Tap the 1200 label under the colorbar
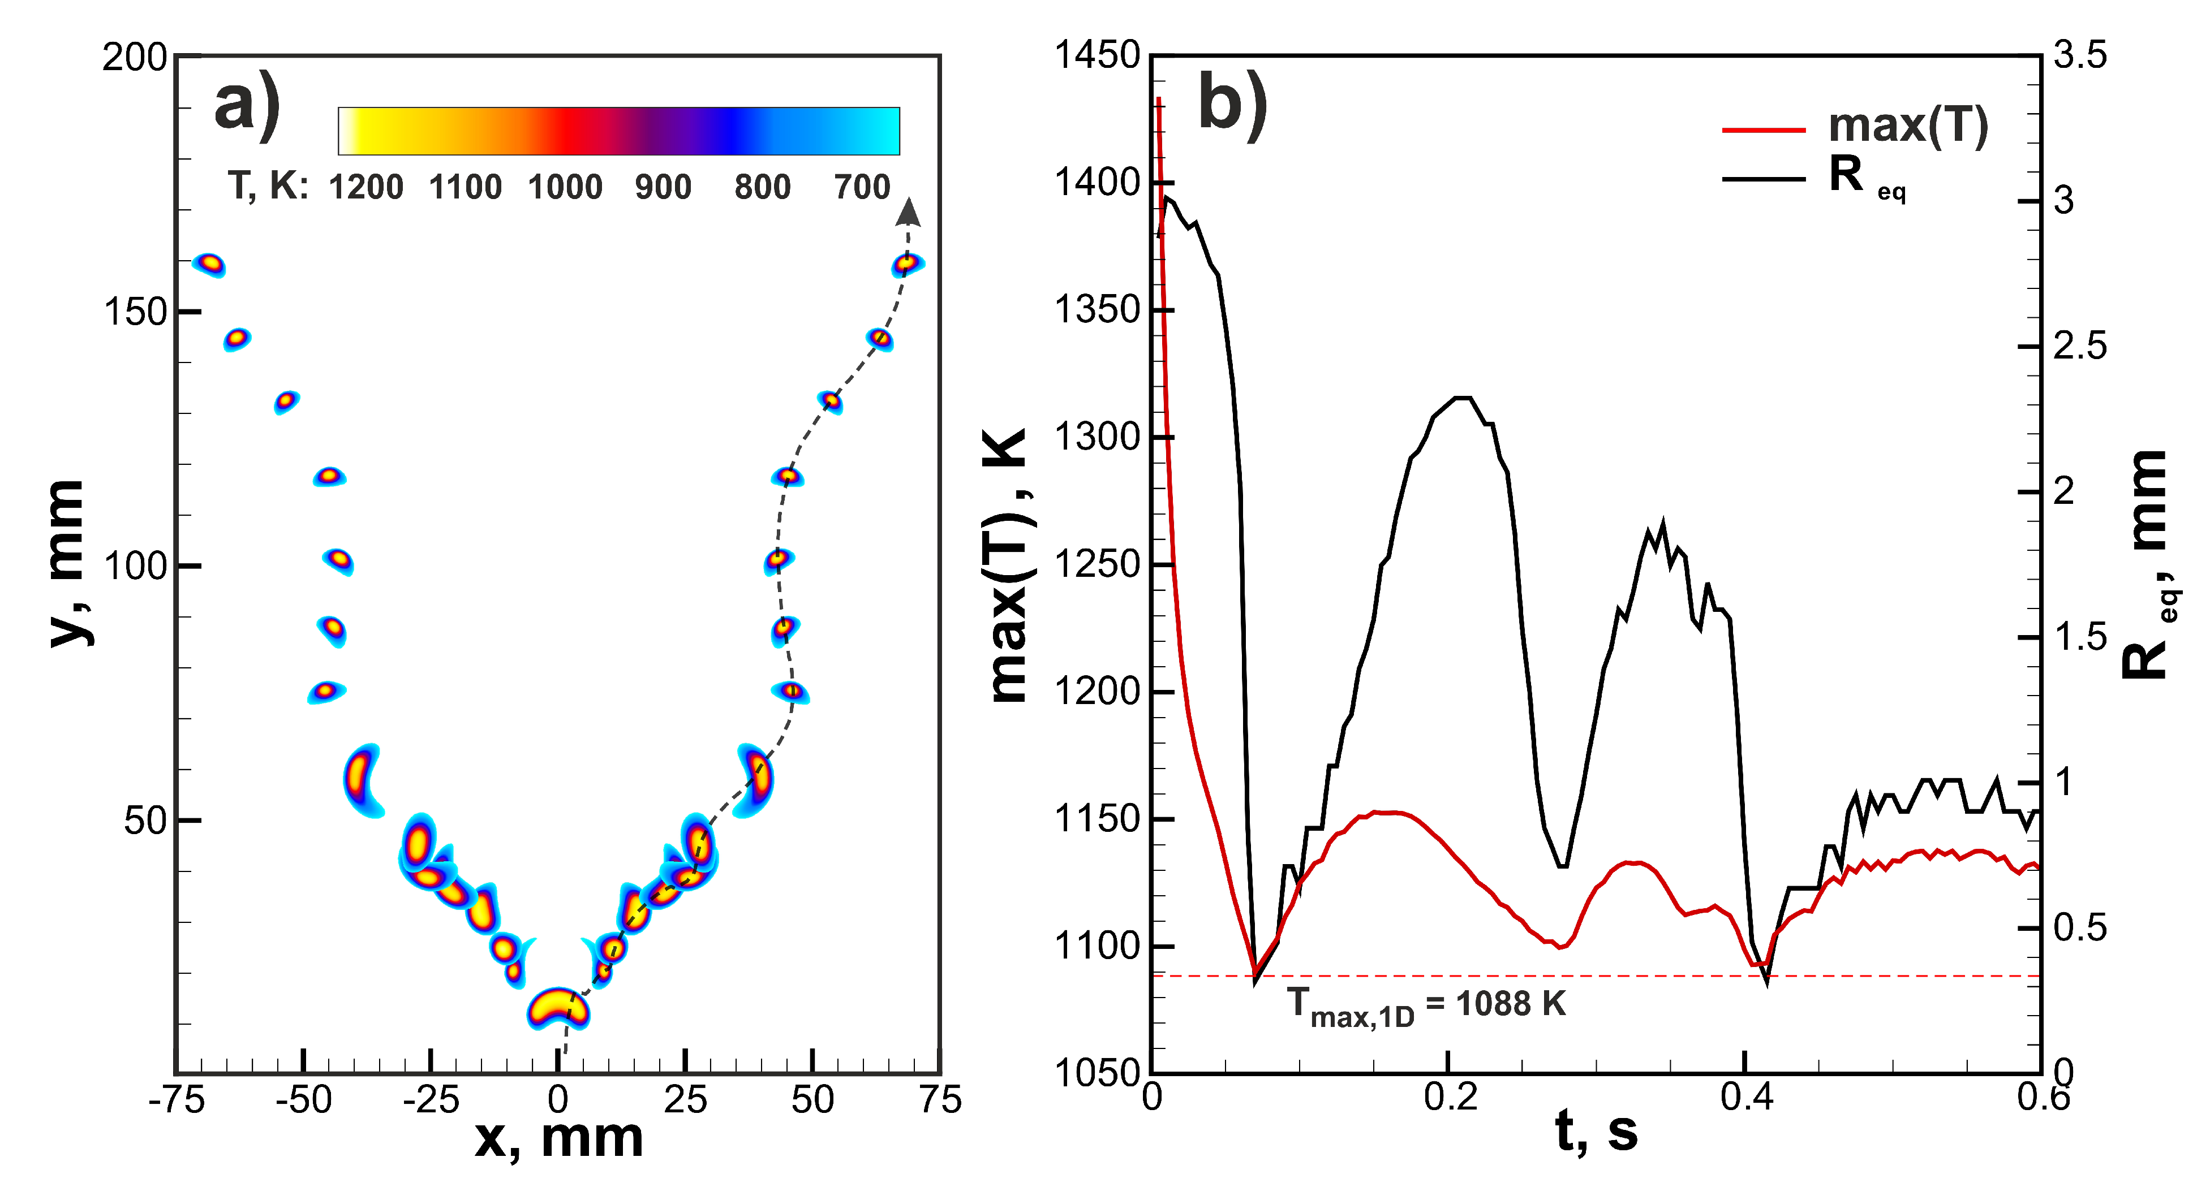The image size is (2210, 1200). (x=366, y=187)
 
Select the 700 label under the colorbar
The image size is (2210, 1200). (x=862, y=187)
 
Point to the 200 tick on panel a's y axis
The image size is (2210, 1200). (x=134, y=58)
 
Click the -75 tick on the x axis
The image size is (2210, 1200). (x=176, y=1100)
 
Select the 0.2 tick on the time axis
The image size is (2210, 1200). (x=1450, y=1098)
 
